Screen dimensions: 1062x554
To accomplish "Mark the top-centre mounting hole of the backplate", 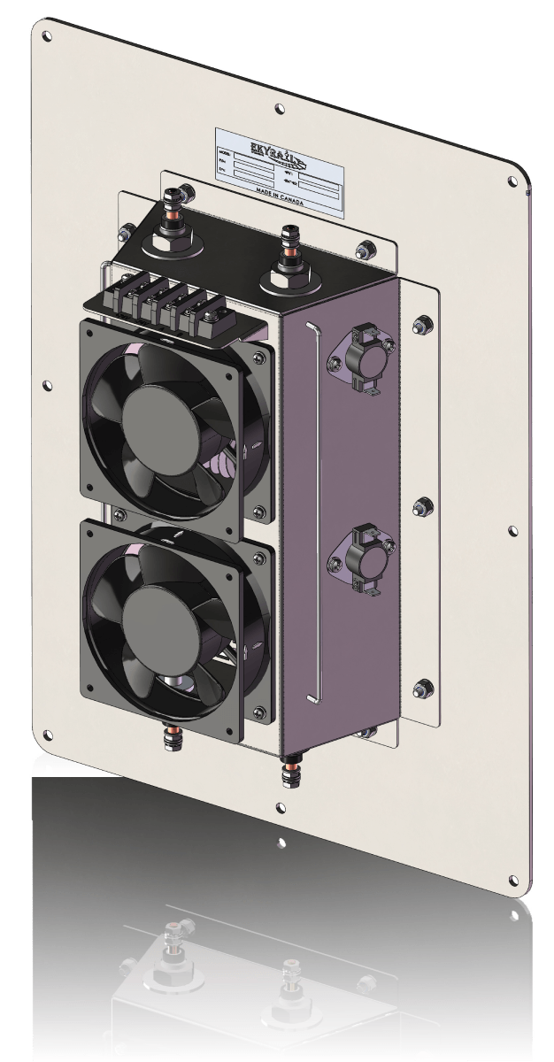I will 280,109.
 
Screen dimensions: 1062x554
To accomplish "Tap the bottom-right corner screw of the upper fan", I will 259,511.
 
